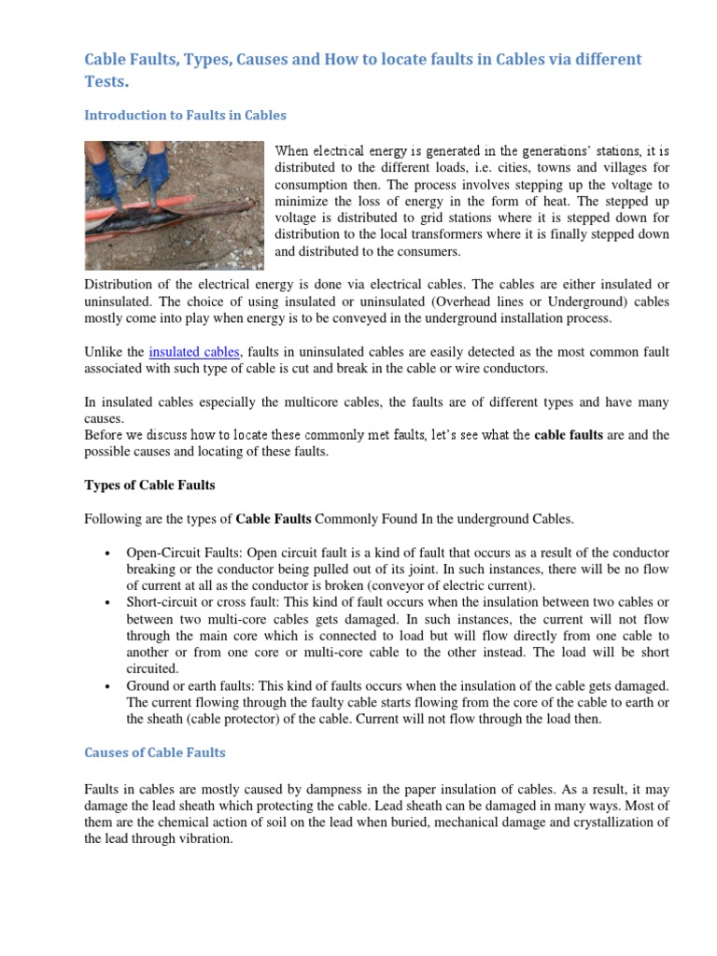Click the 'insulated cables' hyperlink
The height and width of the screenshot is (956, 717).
tap(194, 352)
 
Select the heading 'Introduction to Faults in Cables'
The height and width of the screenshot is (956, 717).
tap(185, 115)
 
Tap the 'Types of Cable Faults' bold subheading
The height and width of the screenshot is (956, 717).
tap(149, 485)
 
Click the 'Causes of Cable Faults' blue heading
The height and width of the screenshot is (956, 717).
tap(155, 752)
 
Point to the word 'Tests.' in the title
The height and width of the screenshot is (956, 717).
tap(106, 81)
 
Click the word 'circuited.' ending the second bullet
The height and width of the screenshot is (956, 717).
tap(152, 668)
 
